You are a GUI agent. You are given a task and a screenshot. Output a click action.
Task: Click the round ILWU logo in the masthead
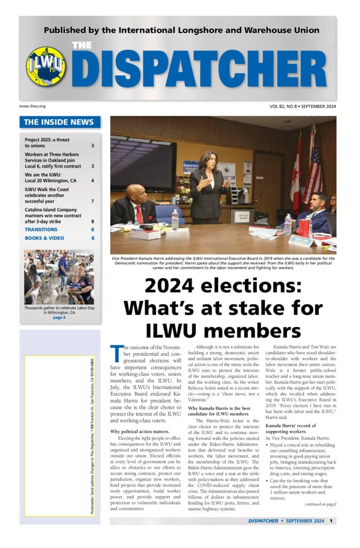pyautogui.click(x=46, y=66)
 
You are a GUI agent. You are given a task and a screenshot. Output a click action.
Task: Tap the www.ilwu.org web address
pyautogui.click(x=32, y=106)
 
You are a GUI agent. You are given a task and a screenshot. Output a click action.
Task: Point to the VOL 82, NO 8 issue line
pyautogui.click(x=303, y=106)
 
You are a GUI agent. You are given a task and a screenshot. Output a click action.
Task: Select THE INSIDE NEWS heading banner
pyautogui.click(x=59, y=122)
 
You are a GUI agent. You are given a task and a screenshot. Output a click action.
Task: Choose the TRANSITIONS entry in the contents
pyautogui.click(x=41, y=230)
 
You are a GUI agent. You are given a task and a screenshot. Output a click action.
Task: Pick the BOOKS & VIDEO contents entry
pyautogui.click(x=44, y=238)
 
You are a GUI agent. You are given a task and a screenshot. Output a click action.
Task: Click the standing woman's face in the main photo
pyautogui.click(x=206, y=158)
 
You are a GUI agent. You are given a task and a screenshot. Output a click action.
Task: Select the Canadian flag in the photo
pyautogui.click(x=297, y=171)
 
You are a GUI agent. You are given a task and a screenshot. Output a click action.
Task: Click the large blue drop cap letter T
pyautogui.click(x=115, y=354)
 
